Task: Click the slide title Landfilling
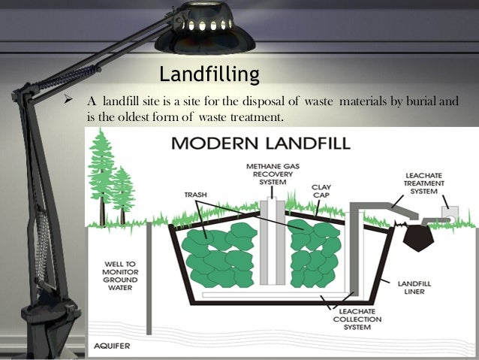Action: [x=209, y=75]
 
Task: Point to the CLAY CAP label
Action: [x=321, y=192]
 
